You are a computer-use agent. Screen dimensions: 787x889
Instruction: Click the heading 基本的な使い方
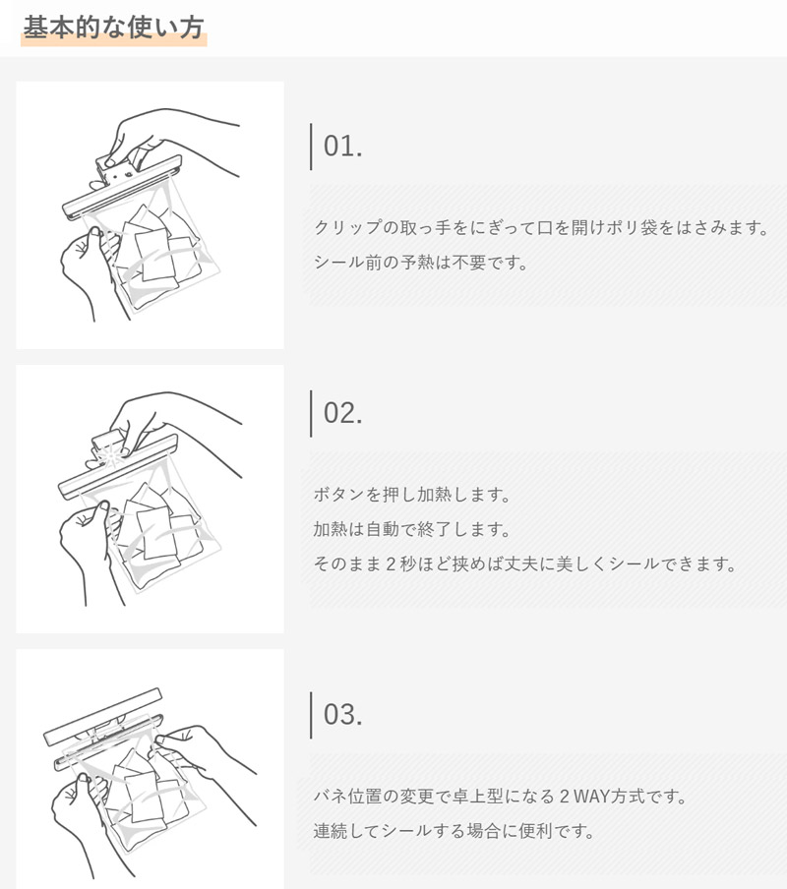(113, 28)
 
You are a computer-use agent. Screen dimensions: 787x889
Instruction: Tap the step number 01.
(342, 147)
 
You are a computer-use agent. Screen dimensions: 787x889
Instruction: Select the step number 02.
(342, 413)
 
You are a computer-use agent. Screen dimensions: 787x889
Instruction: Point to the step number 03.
(342, 714)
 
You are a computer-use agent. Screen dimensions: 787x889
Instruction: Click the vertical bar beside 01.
(311, 147)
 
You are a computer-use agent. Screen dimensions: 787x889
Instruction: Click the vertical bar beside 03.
(311, 715)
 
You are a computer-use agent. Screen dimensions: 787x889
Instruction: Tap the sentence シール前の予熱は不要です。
(421, 263)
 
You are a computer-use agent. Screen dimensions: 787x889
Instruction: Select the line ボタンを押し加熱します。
(412, 495)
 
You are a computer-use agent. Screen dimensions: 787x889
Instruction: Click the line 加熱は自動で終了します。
(412, 529)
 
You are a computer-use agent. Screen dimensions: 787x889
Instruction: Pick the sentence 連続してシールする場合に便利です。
(454, 831)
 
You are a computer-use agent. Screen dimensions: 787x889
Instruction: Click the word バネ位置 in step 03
(347, 797)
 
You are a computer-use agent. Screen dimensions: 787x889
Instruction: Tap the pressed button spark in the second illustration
(110, 454)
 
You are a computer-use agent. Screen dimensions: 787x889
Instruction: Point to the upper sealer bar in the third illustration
(102, 716)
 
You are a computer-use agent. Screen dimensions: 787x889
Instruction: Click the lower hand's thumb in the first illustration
(94, 241)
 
